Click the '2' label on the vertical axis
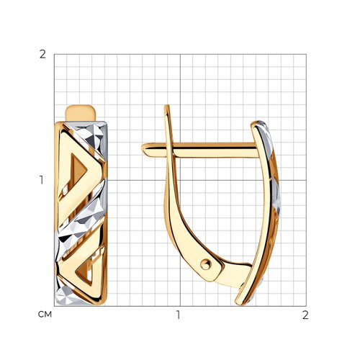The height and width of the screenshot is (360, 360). [42, 55]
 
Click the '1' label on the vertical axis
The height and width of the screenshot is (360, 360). [42, 180]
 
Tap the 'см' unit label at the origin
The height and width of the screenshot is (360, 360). [45, 315]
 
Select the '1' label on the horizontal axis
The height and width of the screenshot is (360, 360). [178, 315]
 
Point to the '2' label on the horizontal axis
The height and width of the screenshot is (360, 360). [305, 315]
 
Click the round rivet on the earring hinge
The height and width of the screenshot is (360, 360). [206, 265]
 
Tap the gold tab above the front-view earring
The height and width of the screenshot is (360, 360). [81, 113]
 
